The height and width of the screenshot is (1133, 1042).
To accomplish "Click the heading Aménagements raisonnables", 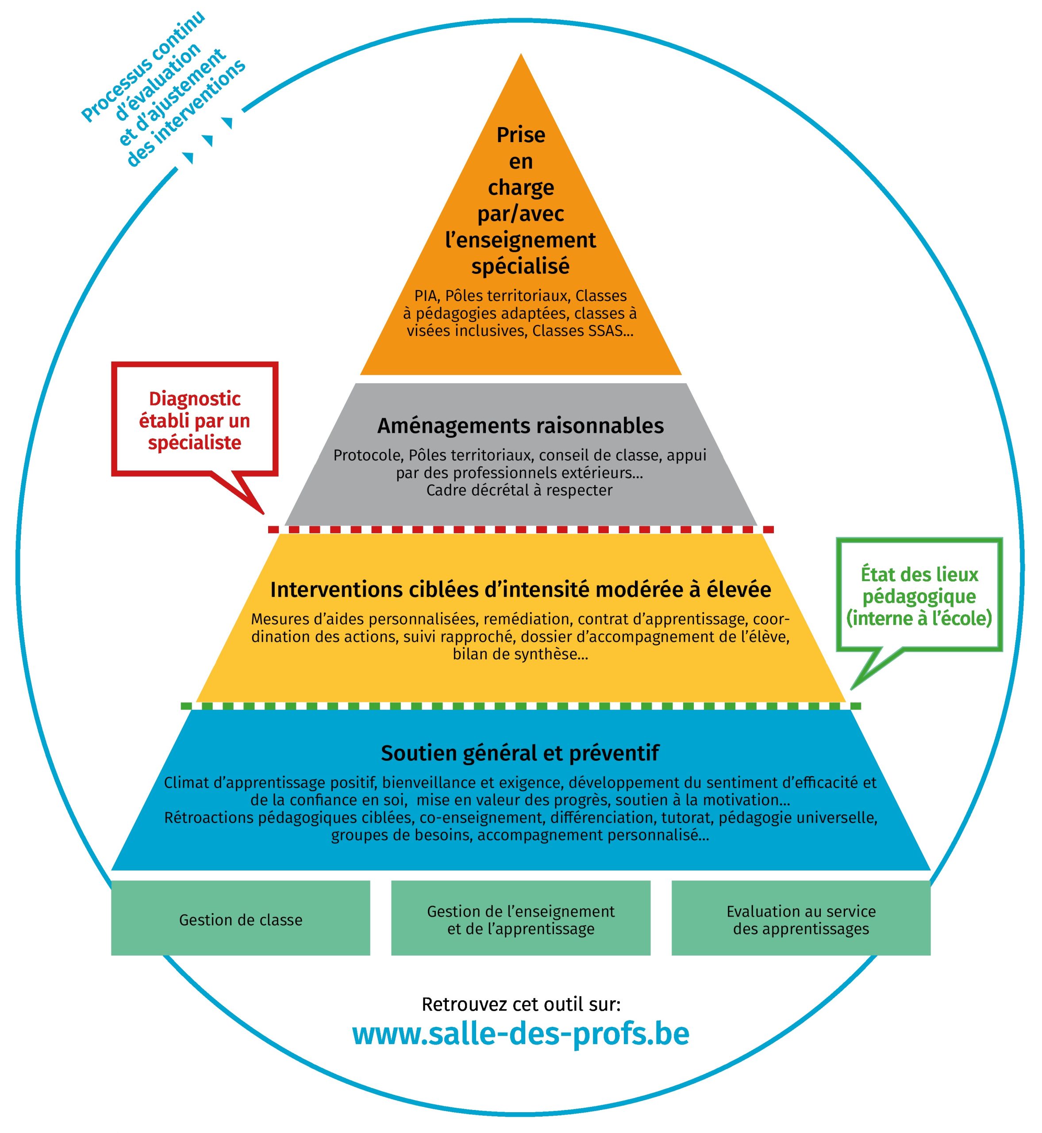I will coord(520,426).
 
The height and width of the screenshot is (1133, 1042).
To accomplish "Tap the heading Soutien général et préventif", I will coord(520,753).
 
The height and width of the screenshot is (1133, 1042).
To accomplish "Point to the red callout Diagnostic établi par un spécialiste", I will coord(195,421).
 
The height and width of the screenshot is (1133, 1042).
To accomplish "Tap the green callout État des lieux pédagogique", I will coord(919,596).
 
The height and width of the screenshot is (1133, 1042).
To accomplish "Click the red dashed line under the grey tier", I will coord(520,530).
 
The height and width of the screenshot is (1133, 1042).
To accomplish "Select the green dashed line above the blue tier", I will coord(520,706).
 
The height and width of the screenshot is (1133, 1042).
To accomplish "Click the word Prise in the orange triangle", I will coord(520,135).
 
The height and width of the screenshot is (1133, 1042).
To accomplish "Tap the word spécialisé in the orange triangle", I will coord(520,266).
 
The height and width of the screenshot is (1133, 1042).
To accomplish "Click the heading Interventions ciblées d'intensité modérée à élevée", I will coord(520,590).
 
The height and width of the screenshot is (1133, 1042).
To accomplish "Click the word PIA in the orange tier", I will coord(426,296).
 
